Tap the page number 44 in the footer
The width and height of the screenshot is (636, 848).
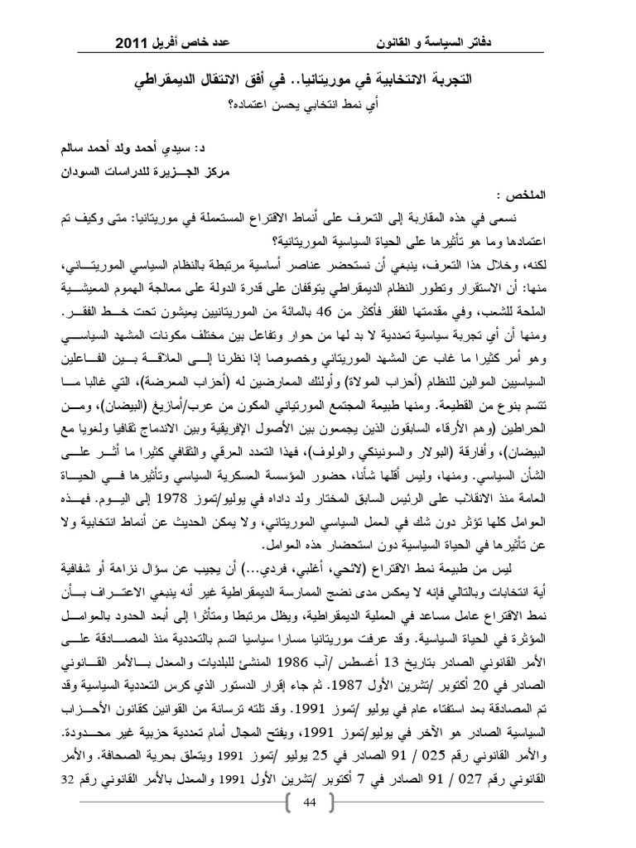click(311, 804)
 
